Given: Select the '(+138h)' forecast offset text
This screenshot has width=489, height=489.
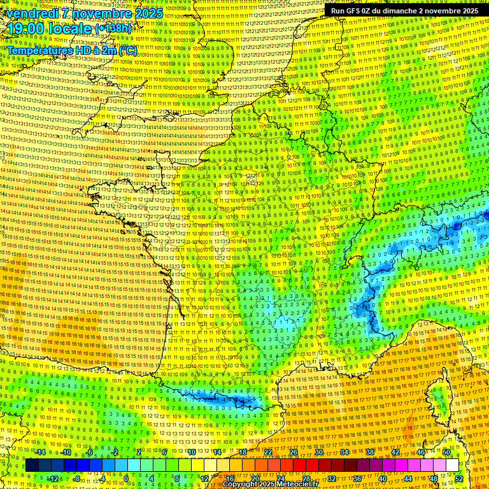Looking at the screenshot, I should click(x=114, y=29).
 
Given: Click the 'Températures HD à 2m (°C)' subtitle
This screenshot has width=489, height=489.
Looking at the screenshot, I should click(x=72, y=50).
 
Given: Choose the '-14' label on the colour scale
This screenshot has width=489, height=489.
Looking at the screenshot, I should click(x=40, y=452).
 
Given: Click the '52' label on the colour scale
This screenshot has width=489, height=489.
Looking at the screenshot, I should click(x=459, y=479).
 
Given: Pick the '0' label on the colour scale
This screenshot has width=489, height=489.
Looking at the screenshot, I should click(x=126, y=479).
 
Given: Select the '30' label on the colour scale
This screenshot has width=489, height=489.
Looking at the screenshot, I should click(x=319, y=452).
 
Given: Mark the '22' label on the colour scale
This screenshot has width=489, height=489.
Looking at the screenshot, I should click(x=269, y=452).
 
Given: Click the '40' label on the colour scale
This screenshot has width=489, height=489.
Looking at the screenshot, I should click(x=383, y=479).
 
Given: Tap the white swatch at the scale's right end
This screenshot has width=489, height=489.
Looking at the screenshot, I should click(x=452, y=465).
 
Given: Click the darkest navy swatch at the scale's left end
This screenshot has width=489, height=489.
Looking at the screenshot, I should click(x=32, y=465).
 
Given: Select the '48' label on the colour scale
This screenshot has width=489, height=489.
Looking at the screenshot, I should click(x=434, y=479).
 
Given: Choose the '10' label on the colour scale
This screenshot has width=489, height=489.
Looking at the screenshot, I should click(x=191, y=452).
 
